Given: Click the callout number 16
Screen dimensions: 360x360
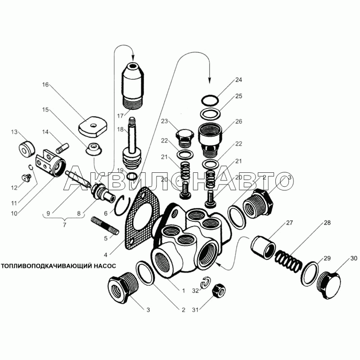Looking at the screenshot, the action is [x=45, y=85].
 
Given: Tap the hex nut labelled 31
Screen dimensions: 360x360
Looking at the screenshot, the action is [x=219, y=291].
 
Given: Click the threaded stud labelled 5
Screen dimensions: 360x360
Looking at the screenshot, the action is [x=105, y=225].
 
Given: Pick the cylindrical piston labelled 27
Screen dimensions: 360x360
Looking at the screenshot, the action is [x=263, y=248].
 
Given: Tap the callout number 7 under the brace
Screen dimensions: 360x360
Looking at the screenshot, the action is [x=64, y=225].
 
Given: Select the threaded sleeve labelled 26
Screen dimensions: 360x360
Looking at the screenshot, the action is [x=211, y=140].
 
